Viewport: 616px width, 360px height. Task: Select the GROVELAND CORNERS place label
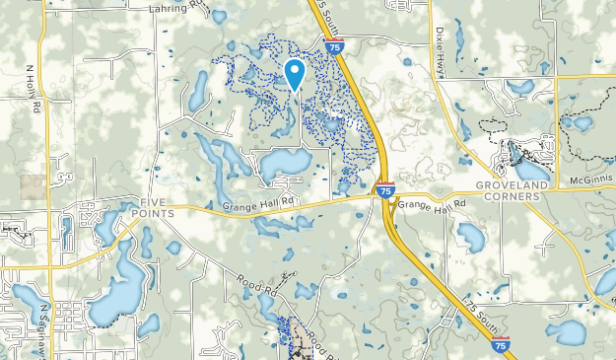(508, 190)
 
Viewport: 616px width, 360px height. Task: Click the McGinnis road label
(592, 180)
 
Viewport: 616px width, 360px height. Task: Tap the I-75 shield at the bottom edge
(501, 343)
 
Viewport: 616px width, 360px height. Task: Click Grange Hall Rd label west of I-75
(258, 205)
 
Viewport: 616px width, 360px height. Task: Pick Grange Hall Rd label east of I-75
(431, 206)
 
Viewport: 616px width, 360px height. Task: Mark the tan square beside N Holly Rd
(33, 187)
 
